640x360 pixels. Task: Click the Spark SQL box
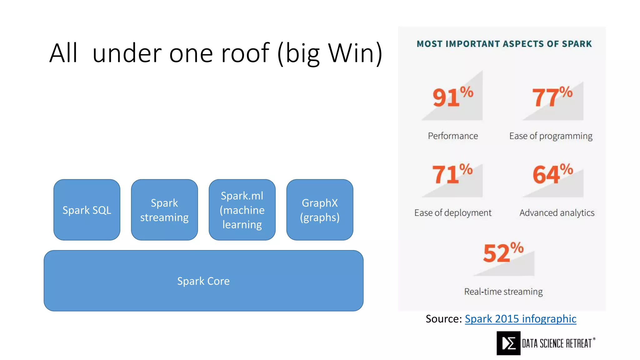(87, 210)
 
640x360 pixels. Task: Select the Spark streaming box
(164, 210)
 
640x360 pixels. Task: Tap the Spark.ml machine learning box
(242, 210)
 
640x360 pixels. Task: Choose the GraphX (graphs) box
(320, 210)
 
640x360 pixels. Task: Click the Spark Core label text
(203, 281)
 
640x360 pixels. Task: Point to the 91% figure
(452, 97)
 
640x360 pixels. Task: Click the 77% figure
(552, 97)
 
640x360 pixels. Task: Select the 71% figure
(452, 174)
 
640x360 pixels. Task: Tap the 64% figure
(552, 174)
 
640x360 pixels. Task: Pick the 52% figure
(503, 252)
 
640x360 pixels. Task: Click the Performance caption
(453, 136)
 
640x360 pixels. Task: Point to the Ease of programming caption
(551, 136)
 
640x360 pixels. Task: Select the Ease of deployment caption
(453, 213)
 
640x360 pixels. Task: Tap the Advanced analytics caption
(557, 213)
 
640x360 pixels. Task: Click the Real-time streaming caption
(503, 292)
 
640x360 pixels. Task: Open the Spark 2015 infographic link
(520, 319)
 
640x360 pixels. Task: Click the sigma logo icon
(508, 343)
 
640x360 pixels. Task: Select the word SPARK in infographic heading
(577, 44)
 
